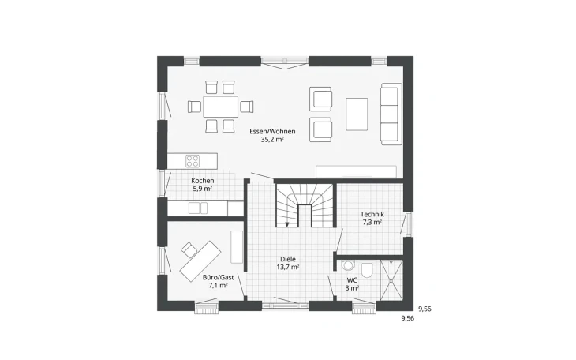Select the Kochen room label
tap(203, 181)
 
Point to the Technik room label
tap(372, 215)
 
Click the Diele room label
tap(288, 259)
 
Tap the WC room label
tap(352, 280)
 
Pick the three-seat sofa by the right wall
tap(391, 113)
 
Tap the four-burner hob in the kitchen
tap(193, 160)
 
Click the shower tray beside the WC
tap(392, 279)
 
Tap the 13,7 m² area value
tap(288, 267)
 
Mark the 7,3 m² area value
tap(372, 223)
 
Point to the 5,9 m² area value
tap(203, 189)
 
